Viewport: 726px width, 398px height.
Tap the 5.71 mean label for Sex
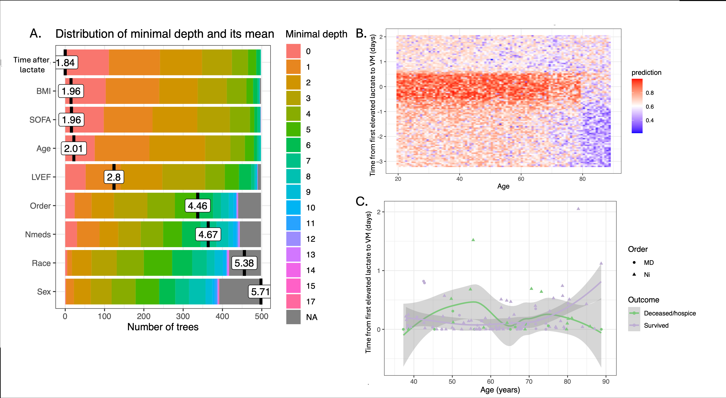(260, 292)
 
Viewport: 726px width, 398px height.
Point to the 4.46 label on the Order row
(197, 206)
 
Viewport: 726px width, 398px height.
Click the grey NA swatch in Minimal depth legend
(293, 317)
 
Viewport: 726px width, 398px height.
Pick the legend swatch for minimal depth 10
(293, 208)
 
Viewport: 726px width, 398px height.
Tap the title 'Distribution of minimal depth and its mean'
(165, 34)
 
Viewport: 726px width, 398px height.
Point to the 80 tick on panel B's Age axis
(582, 179)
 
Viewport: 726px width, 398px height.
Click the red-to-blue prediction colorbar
(637, 106)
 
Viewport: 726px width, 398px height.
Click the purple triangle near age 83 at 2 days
(578, 209)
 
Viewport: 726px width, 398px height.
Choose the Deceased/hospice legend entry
(670, 313)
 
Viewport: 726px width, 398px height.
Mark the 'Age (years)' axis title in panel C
(500, 390)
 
